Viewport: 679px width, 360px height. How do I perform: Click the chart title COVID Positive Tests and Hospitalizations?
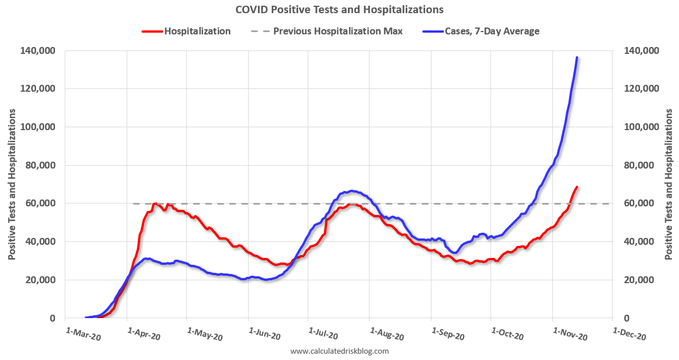pos(339,10)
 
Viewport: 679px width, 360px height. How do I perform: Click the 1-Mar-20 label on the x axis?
pos(83,334)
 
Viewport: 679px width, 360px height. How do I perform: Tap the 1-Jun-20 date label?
pos(265,334)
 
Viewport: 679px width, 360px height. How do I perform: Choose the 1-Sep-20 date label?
pos(448,334)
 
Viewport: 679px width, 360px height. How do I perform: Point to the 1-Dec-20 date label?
pos(629,334)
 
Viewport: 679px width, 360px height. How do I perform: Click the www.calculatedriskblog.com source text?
pos(339,351)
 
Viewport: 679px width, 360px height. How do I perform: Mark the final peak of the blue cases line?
pos(576,57)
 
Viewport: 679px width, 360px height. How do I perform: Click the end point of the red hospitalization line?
pos(577,187)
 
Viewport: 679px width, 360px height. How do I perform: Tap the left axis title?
pos(12,183)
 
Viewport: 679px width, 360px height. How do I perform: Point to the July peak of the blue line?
pos(351,191)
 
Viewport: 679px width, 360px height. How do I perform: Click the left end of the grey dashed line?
pos(134,204)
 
